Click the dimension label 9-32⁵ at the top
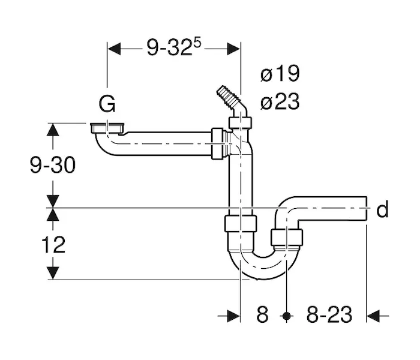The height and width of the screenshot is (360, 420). pos(173,47)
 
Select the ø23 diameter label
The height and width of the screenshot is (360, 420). pos(280,101)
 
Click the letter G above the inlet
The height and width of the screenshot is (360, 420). pos(107,104)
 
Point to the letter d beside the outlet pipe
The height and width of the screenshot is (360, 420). pos(383,209)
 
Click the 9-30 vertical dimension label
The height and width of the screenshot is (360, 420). pos(53,165)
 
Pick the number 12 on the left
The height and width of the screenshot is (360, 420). pos(53,245)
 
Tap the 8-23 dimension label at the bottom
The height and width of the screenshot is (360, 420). pos(329,314)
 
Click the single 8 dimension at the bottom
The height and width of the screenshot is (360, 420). pos(262,314)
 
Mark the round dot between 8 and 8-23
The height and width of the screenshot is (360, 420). pos(287,316)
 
